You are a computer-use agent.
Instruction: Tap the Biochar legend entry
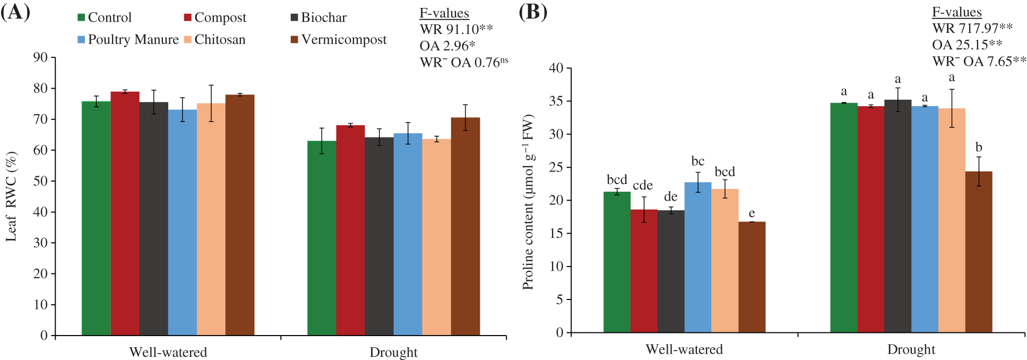click(x=318, y=18)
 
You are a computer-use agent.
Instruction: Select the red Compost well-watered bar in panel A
click(x=125, y=213)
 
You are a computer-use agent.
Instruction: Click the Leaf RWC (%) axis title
click(x=12, y=196)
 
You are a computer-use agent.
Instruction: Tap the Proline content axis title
click(x=528, y=202)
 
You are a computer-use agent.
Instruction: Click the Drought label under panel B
click(x=911, y=350)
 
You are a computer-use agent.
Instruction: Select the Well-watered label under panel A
click(x=168, y=353)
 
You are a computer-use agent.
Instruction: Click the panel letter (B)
click(x=532, y=12)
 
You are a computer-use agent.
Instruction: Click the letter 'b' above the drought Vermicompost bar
click(x=979, y=148)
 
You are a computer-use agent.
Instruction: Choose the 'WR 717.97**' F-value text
click(x=972, y=28)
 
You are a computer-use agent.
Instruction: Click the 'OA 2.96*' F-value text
click(x=447, y=46)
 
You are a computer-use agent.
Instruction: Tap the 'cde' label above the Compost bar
click(x=643, y=185)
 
